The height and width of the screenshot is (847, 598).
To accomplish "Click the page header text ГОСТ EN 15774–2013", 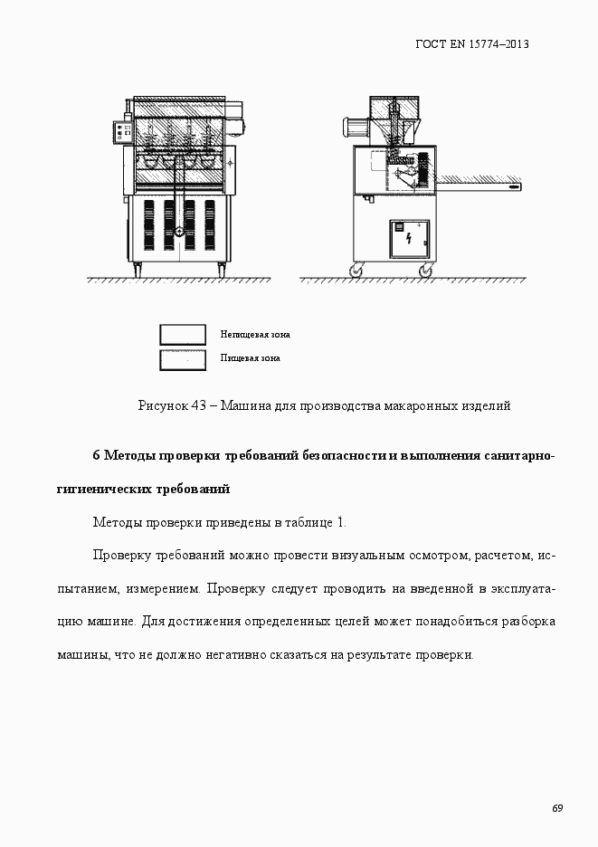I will coord(471,43).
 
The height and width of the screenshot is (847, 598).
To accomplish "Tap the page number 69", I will coord(557,808).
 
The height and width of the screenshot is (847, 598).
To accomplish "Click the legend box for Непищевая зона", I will coord(183,335).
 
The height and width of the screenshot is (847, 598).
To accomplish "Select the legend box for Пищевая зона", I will coord(183,358).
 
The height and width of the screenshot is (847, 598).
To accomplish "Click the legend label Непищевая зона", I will coord(254,334).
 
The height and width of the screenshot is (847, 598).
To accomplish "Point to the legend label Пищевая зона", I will coord(250,357).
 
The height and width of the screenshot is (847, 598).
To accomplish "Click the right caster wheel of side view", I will coord(424,270).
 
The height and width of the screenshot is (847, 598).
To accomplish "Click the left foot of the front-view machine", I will coord(137,269).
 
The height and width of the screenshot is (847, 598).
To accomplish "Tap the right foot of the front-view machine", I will coord(222,269).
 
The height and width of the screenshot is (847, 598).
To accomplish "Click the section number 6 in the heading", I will coord(97,454).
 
